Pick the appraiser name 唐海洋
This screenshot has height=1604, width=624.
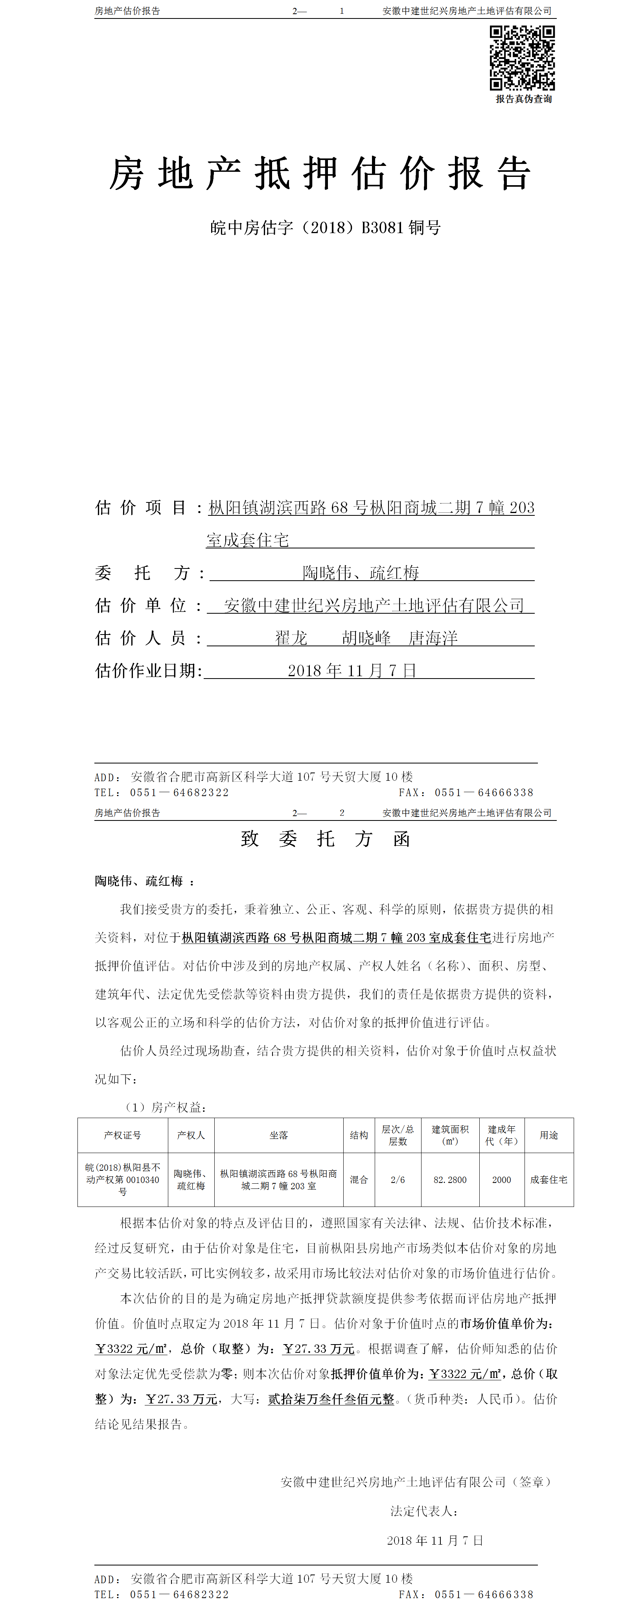click(x=433, y=638)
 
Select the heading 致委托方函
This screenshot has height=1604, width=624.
click(x=325, y=839)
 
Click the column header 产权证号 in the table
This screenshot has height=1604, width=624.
click(x=123, y=1135)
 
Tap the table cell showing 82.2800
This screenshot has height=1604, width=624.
click(x=450, y=1180)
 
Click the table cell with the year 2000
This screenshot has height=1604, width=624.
click(x=501, y=1180)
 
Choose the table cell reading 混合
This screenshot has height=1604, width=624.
click(x=359, y=1180)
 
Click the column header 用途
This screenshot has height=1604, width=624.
click(x=549, y=1135)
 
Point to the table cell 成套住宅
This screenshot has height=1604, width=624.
click(x=549, y=1180)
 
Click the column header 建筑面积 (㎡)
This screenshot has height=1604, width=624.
click(x=450, y=1135)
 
